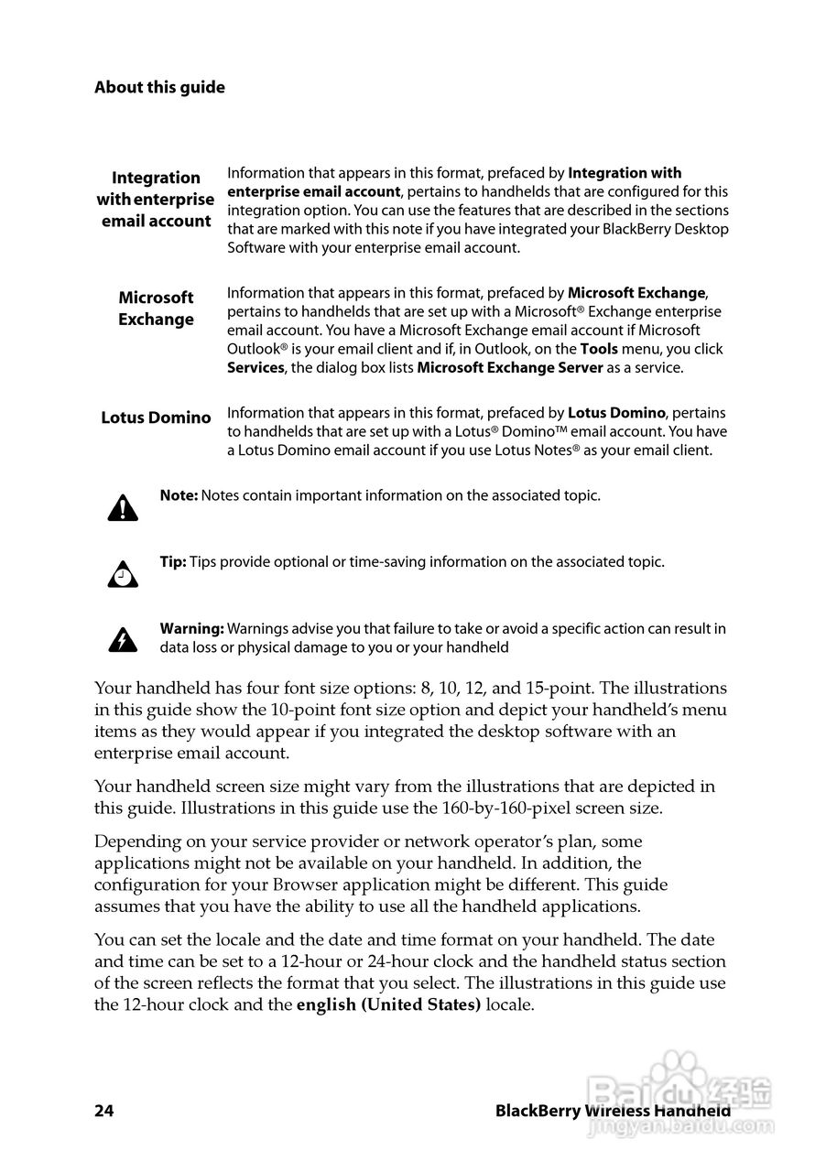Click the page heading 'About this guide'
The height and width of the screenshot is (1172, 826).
click(159, 88)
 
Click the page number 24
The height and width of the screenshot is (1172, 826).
click(103, 1111)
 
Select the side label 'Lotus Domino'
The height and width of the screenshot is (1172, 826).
click(156, 418)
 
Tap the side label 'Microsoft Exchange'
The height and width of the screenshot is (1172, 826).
click(156, 309)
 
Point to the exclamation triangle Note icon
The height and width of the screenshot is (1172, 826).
click(123, 506)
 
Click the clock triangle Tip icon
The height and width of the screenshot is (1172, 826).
click(123, 574)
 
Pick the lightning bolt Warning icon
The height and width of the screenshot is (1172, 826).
click(123, 639)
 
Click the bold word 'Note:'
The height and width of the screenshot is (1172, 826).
click(179, 495)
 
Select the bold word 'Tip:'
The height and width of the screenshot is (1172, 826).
click(173, 562)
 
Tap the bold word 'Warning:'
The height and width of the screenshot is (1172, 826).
click(191, 629)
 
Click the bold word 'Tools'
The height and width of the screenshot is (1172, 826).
click(599, 349)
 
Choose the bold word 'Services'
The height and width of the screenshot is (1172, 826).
click(255, 368)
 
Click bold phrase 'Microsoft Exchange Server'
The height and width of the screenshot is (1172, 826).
click(510, 368)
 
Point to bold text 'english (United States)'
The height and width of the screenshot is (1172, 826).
click(388, 1004)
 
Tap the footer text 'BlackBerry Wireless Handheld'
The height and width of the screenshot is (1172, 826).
click(612, 1111)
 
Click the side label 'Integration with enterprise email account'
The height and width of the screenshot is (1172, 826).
click(156, 200)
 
